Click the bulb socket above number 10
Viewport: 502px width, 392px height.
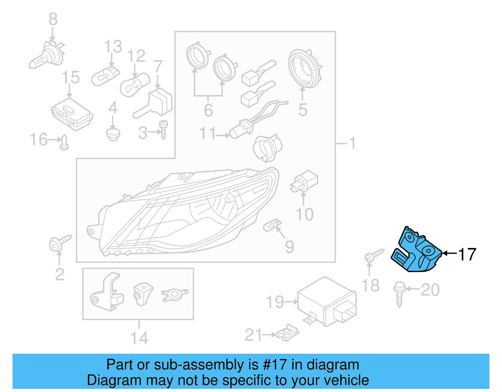coord(304,182)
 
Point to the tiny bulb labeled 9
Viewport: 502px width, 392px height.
coord(271,225)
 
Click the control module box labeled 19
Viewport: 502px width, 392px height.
coord(326,301)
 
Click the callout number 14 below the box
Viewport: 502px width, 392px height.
coord(139,338)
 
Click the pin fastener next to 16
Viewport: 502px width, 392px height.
coord(64,143)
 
